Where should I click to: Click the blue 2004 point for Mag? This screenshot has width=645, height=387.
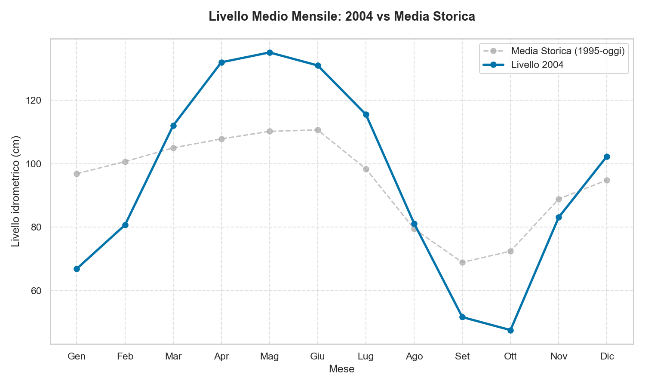tap(270, 53)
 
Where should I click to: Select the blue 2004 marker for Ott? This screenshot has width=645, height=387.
tap(510, 330)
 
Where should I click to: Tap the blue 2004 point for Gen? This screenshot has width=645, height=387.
tap(77, 269)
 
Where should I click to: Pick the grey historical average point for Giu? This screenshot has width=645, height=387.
tap(318, 130)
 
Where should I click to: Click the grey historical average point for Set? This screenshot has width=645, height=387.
tap(462, 262)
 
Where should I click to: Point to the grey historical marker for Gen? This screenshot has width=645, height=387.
tap(77, 174)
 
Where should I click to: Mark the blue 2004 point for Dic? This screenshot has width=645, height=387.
tap(607, 157)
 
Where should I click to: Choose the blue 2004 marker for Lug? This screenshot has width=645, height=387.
tap(366, 115)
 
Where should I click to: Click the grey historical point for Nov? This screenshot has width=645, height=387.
tap(559, 199)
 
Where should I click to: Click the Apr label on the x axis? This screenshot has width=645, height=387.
tap(221, 356)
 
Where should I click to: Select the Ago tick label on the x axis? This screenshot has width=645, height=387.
tap(414, 356)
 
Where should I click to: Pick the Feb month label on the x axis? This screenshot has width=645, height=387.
tap(125, 356)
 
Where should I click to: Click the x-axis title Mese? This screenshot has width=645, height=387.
tap(341, 369)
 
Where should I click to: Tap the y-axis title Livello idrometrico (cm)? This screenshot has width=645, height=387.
tap(16, 191)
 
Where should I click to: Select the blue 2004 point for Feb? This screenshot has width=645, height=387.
tap(125, 225)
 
